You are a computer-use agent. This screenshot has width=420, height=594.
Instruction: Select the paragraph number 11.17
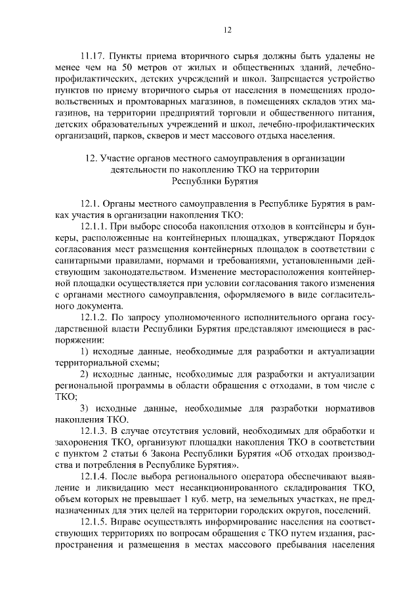coord(92,56)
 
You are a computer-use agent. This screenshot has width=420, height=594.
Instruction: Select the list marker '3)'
coord(85,408)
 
